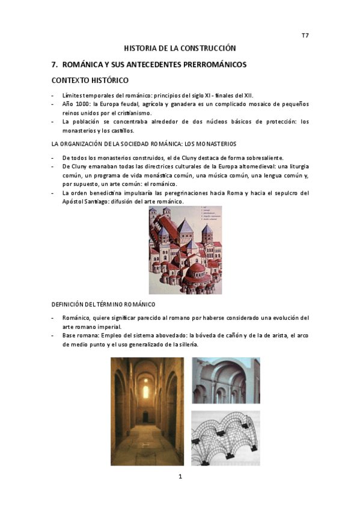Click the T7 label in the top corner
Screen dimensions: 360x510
[305, 35]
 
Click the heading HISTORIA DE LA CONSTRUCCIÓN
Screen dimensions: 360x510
[180, 48]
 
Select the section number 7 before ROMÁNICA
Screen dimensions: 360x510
[55, 64]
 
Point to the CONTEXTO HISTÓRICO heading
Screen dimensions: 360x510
[90, 80]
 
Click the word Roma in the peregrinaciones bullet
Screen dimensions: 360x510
[224, 193]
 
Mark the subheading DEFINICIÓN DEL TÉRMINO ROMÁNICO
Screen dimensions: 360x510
[103, 304]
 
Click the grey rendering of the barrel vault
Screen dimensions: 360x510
[225, 380]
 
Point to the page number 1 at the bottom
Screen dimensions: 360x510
[180, 476]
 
